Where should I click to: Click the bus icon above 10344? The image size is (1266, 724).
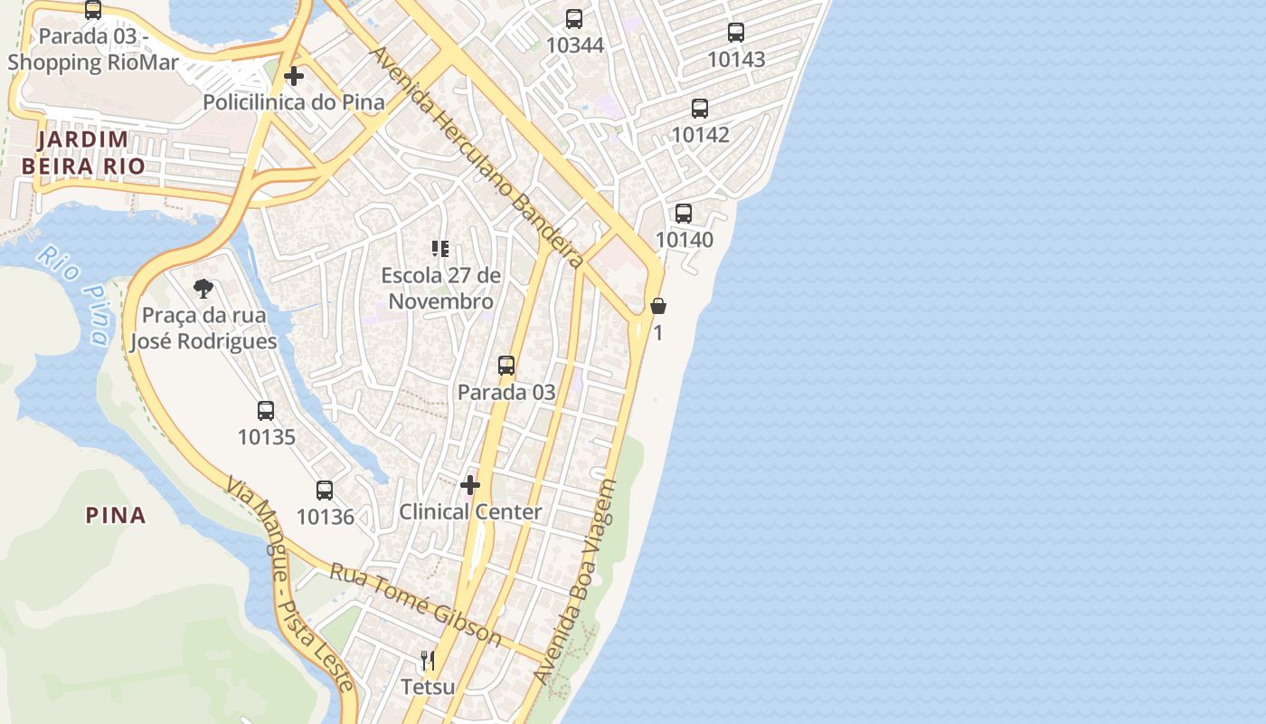(x=574, y=18)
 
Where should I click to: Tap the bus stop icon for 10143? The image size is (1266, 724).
(x=736, y=33)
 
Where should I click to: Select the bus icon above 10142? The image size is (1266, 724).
(x=700, y=109)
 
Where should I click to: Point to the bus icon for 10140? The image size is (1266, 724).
(x=684, y=214)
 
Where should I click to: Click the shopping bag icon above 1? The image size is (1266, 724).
(x=658, y=306)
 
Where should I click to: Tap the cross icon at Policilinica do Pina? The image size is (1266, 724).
(x=294, y=76)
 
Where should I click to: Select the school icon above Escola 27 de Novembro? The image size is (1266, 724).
(x=440, y=249)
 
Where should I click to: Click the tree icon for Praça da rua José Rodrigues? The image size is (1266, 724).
(x=203, y=289)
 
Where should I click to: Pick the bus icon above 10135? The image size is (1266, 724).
(x=266, y=411)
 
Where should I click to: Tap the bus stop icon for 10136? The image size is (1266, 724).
(x=325, y=491)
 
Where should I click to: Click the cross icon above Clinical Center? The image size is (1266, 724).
(x=470, y=485)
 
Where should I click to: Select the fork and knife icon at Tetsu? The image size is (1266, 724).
(x=428, y=661)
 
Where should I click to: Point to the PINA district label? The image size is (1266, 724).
(x=116, y=516)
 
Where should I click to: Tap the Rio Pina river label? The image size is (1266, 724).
(x=75, y=295)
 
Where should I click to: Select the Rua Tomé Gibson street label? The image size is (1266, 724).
(x=415, y=604)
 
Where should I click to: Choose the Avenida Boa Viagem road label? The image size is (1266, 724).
(x=574, y=581)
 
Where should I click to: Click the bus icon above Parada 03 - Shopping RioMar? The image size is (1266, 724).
(x=93, y=10)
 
